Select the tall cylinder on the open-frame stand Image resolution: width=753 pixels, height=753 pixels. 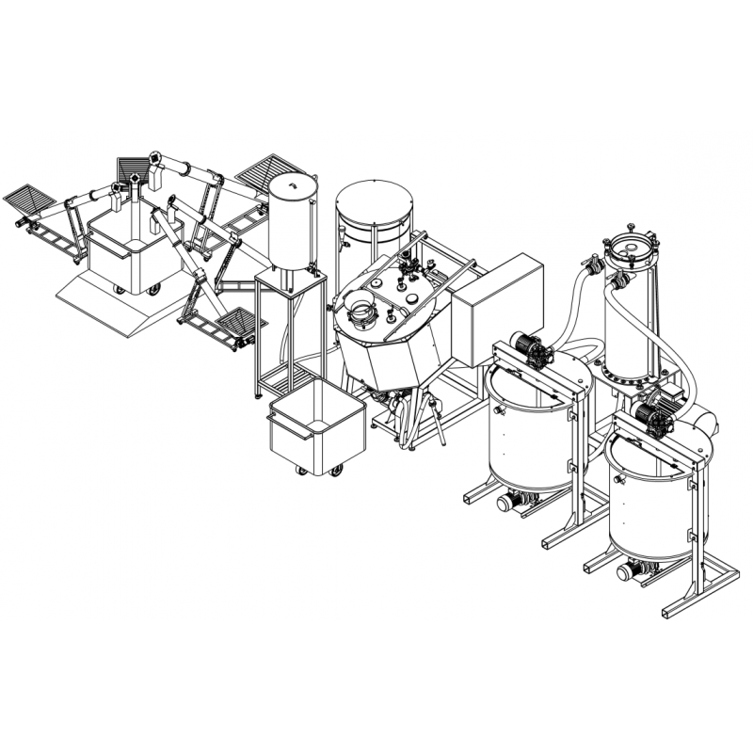tap(292, 226)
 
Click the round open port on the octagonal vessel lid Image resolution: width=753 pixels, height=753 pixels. tap(360, 306)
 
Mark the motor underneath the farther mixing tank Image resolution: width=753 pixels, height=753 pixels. tap(512, 501)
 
